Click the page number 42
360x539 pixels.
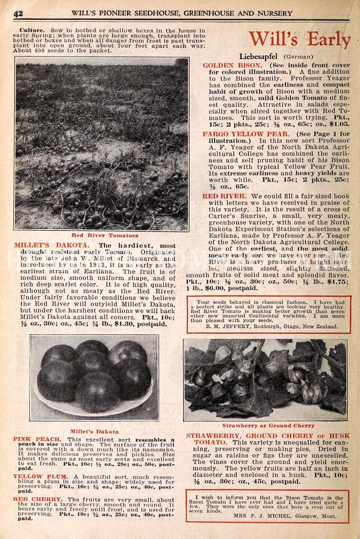tap(18, 13)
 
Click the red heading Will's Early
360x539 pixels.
tap(300, 40)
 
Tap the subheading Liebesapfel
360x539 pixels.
tap(259, 56)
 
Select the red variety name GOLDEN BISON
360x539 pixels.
tap(232, 65)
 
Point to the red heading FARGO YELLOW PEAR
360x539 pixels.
tap(246, 134)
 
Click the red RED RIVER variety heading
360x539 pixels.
tap(224, 196)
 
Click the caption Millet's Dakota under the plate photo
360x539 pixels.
tap(94, 431)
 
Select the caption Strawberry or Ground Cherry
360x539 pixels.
tap(268, 425)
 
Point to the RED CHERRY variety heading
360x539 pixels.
tap(38, 499)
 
